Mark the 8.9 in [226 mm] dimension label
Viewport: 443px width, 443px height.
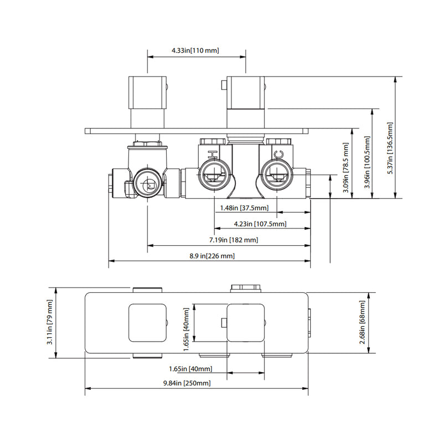tap(212, 256)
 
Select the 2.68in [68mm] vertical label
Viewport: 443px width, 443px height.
tap(362, 323)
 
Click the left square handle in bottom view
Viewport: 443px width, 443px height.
tap(147, 323)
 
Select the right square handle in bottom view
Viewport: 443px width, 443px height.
tap(246, 323)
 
